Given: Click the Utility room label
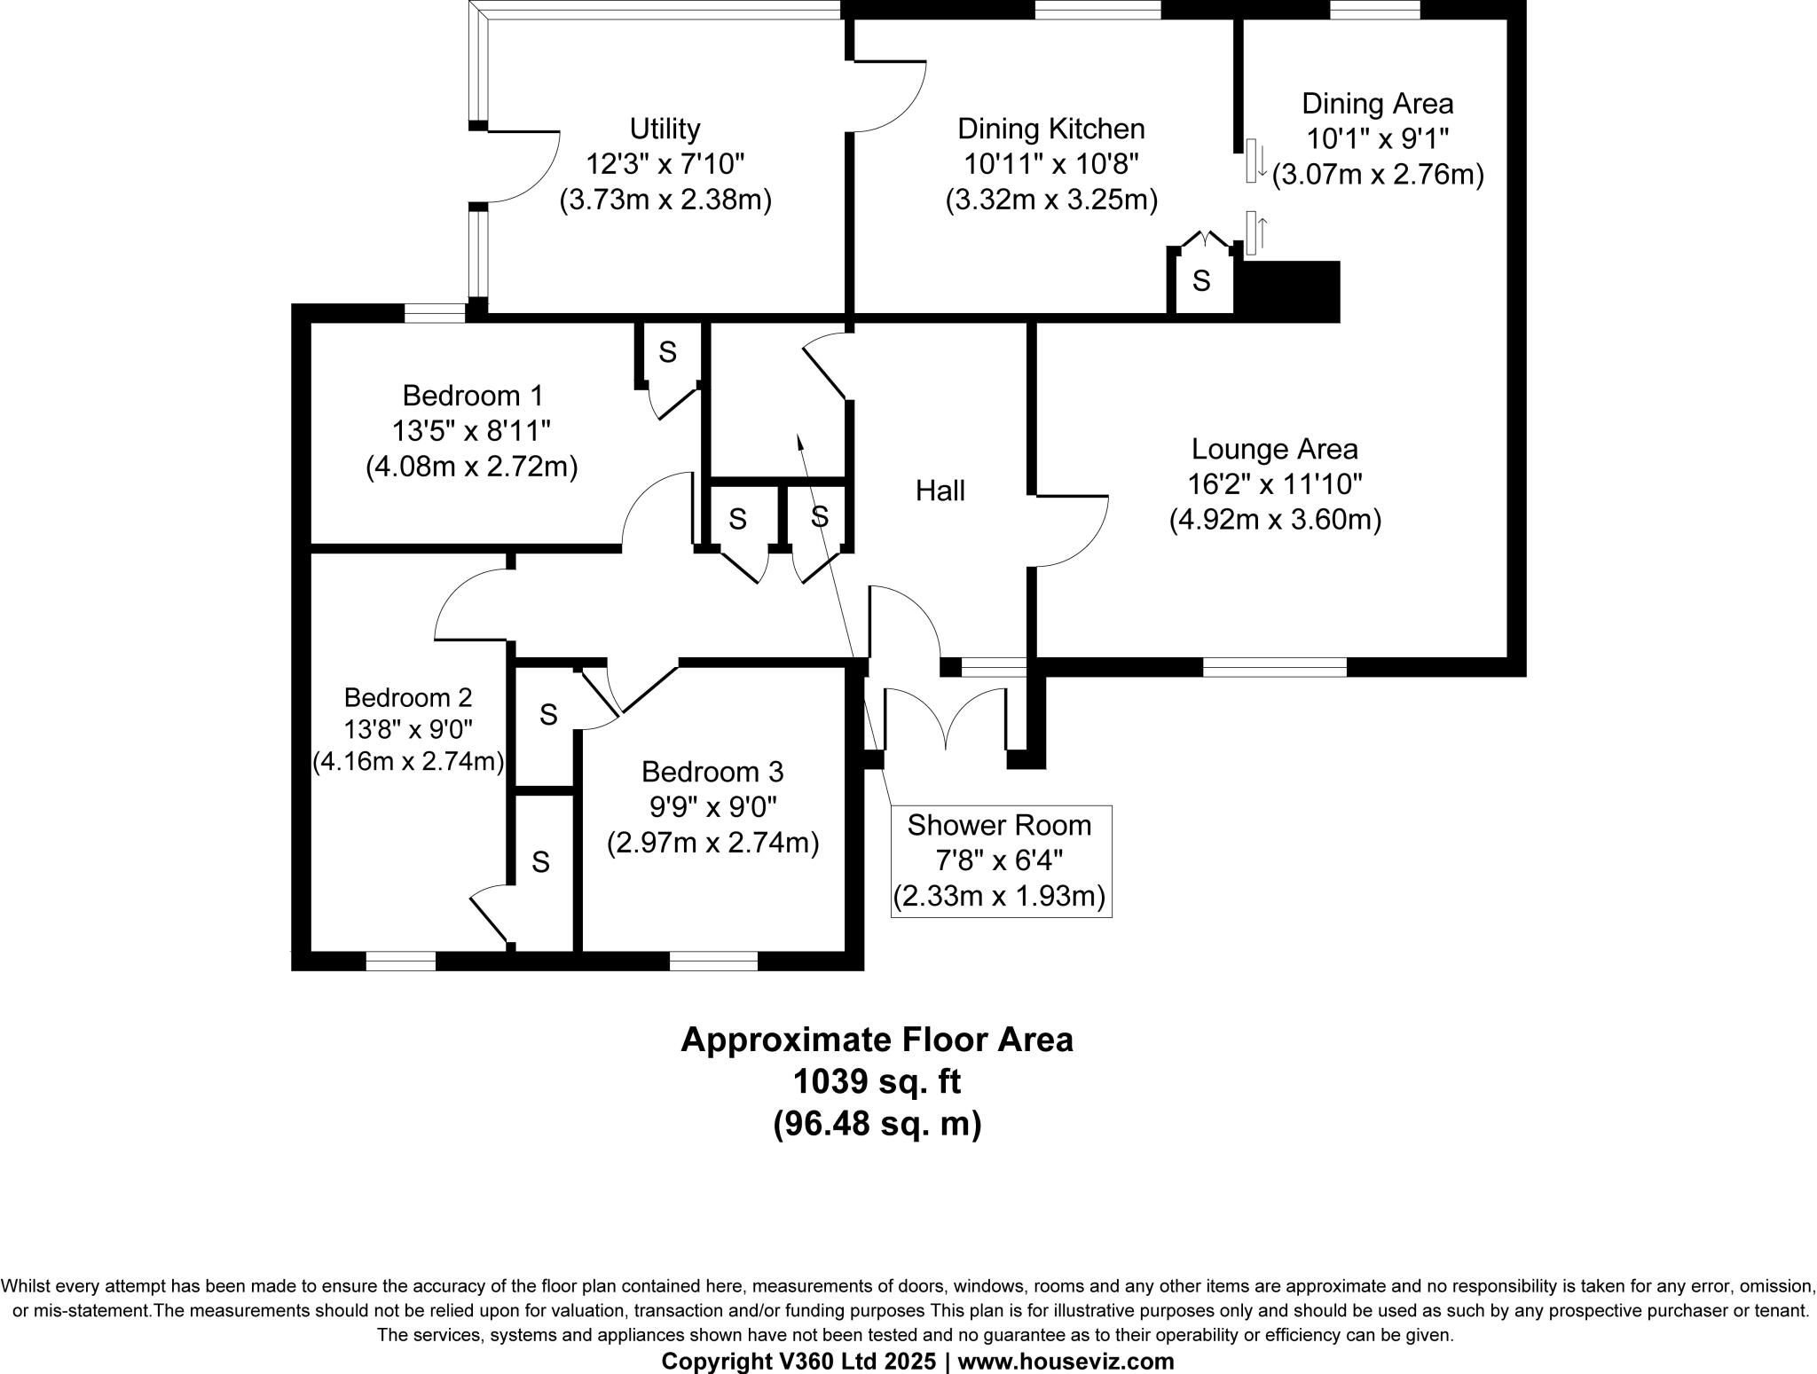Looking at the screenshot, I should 665,129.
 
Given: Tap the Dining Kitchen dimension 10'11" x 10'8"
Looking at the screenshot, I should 1051,165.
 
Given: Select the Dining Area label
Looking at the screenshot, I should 1377,104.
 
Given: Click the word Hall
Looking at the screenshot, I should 940,491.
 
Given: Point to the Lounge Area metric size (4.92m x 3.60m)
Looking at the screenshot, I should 1275,520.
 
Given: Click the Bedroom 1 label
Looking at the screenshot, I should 472,395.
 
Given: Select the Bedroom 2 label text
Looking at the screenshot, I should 408,697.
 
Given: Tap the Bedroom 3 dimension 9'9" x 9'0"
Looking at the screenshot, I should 712,807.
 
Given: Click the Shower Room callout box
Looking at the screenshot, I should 1000,860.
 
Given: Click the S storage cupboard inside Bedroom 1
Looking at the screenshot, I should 667,353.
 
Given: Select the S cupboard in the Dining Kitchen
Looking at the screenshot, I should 1200,281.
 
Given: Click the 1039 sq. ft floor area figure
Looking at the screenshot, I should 877,1081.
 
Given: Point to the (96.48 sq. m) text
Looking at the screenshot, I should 877,1124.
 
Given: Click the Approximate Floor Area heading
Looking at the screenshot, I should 877,1039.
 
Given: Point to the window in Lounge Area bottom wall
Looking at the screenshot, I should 1274,667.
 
